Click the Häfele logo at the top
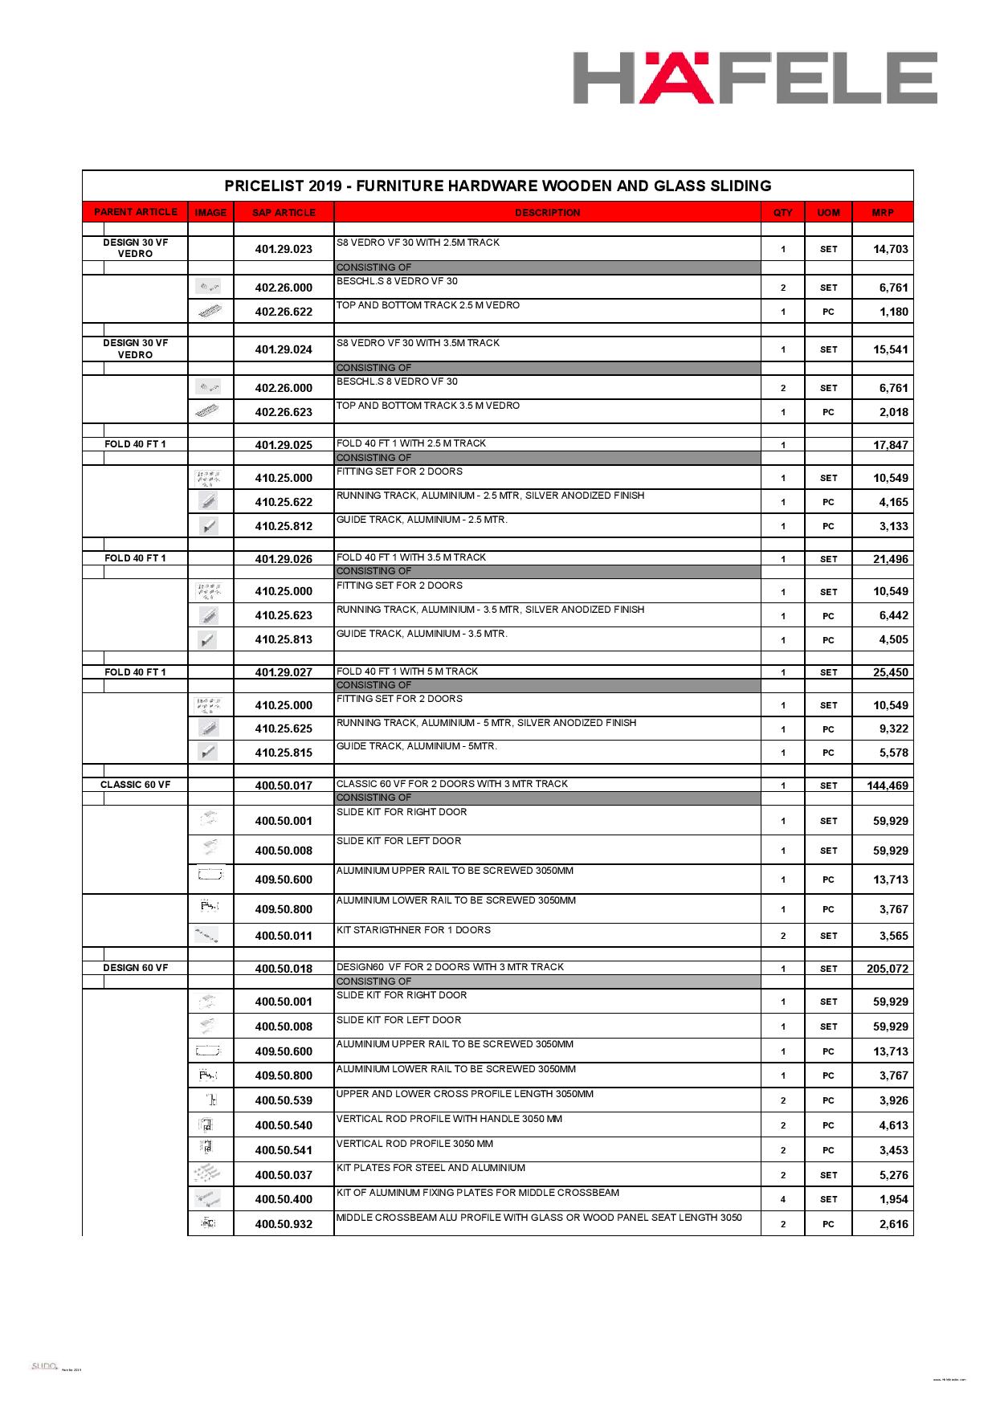point(754,78)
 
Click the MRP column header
point(882,213)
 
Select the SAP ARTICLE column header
point(284,213)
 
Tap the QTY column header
point(782,213)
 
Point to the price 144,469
point(887,786)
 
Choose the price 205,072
point(887,969)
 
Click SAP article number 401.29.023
point(284,249)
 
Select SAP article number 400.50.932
point(284,1224)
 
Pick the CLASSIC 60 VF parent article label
point(135,785)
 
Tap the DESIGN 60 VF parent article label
point(135,968)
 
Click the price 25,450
point(890,672)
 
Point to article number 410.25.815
point(284,753)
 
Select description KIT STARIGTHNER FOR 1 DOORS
point(413,930)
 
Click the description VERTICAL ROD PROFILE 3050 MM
point(414,1144)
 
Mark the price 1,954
point(893,1199)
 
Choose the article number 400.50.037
point(284,1175)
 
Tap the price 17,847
point(890,445)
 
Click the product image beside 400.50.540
point(206,1125)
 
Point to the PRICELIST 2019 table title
point(497,186)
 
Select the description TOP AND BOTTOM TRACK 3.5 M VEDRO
point(427,406)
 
